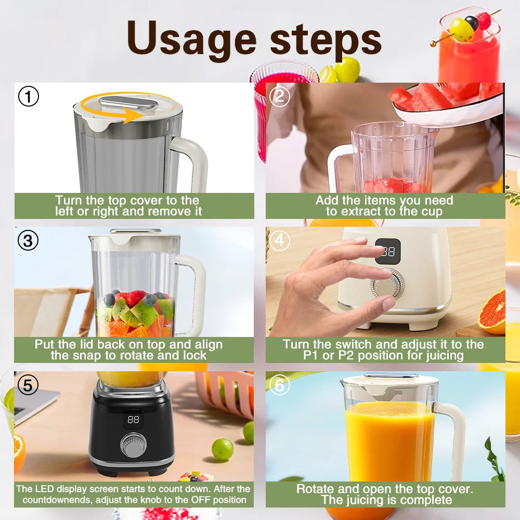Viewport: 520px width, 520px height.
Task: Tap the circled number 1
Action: pyautogui.click(x=29, y=96)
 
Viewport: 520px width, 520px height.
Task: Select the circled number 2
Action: pyautogui.click(x=280, y=96)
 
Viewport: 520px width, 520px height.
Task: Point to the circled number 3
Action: pyautogui.click(x=29, y=240)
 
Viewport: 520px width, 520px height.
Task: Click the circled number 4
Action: pyautogui.click(x=280, y=240)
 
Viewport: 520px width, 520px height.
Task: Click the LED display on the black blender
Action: pyautogui.click(x=134, y=419)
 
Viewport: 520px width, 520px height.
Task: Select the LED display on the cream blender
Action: pyautogui.click(x=388, y=252)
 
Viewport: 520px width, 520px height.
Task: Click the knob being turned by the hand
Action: pyautogui.click(x=387, y=284)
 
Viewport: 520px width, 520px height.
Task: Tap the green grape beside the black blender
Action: pyautogui.click(x=223, y=449)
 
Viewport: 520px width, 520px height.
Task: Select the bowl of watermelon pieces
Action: pyautogui.click(x=447, y=101)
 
